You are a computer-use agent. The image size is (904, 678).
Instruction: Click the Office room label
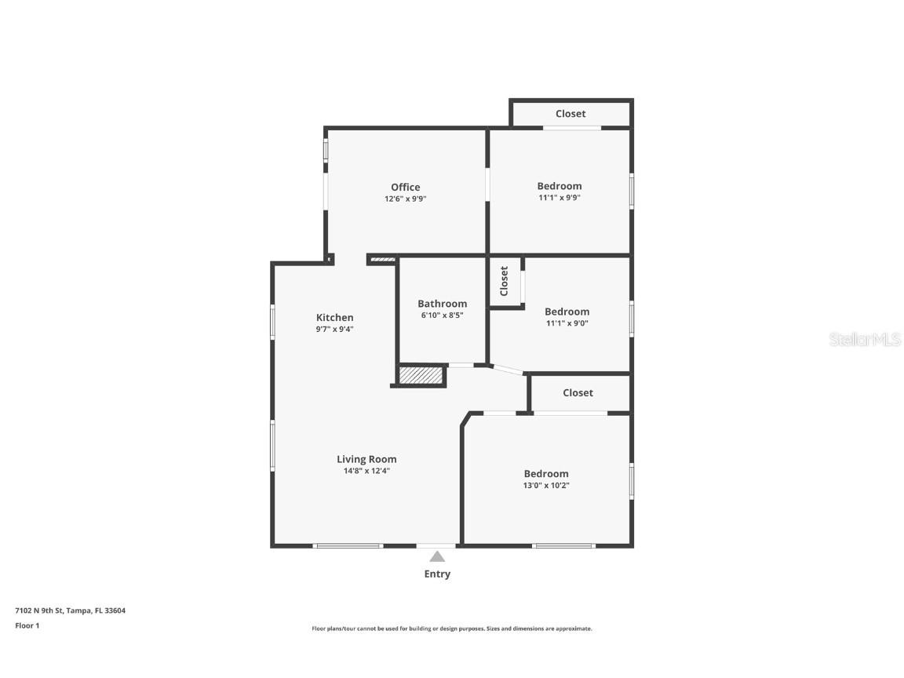coord(405,187)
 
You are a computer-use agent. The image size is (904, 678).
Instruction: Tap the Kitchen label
coord(334,317)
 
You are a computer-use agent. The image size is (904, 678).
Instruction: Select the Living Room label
coord(366,460)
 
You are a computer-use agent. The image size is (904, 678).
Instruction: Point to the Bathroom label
coord(443,303)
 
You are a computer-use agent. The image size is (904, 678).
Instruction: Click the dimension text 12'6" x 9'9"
coord(405,199)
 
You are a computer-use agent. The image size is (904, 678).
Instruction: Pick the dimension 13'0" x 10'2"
coord(546,486)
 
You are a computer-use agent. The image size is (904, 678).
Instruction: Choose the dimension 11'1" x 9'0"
coord(567,323)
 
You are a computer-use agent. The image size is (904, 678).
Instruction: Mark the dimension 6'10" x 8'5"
coord(443,315)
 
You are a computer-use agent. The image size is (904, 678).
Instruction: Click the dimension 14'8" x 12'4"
coord(366,471)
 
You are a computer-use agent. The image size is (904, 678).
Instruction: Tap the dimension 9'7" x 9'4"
coord(334,330)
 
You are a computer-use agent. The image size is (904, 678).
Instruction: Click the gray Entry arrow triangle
coord(437,556)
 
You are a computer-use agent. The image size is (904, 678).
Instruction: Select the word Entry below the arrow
coord(437,574)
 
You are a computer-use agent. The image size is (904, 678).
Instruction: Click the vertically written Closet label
coord(504,281)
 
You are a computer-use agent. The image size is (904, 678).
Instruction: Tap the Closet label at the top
coord(570,114)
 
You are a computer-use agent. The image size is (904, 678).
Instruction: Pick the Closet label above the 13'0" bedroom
coord(578,392)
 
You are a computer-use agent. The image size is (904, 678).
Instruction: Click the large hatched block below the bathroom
coord(421,375)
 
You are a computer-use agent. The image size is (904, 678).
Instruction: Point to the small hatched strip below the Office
coord(382,260)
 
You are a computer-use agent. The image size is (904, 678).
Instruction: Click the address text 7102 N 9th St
coord(39,611)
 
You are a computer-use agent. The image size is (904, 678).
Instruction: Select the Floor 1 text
coord(27,625)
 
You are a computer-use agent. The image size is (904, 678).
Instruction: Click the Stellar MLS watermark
coord(865,339)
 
